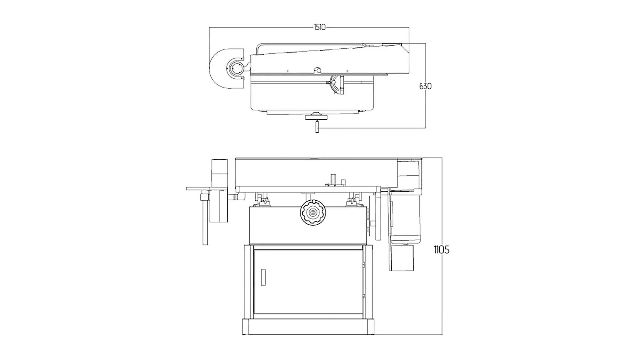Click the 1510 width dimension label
click(319, 28)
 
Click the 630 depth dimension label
click(425, 86)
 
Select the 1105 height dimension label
click(441, 250)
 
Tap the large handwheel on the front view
click(313, 212)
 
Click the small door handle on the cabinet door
click(263, 277)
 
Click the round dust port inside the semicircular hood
click(236, 68)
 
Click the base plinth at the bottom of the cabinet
click(308, 327)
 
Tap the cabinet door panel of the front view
click(308, 282)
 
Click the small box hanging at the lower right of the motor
click(401, 258)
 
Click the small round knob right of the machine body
click(373, 223)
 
